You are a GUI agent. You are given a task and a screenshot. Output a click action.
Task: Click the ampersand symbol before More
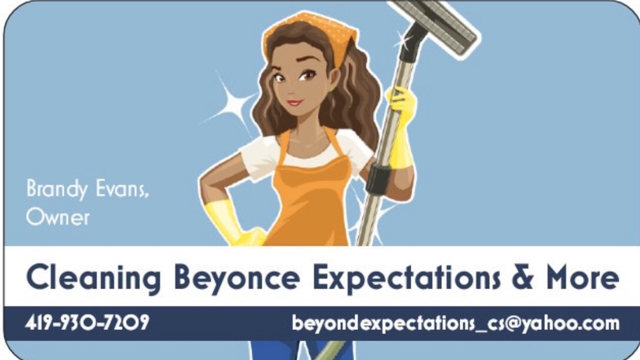(522, 277)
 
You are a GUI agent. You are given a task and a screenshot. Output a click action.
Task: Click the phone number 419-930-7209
(87, 323)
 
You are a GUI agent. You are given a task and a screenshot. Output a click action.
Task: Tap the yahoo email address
(456, 323)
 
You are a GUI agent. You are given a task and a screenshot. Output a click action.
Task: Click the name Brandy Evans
(87, 189)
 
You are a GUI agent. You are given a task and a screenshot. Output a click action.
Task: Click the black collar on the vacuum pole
(378, 180)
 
